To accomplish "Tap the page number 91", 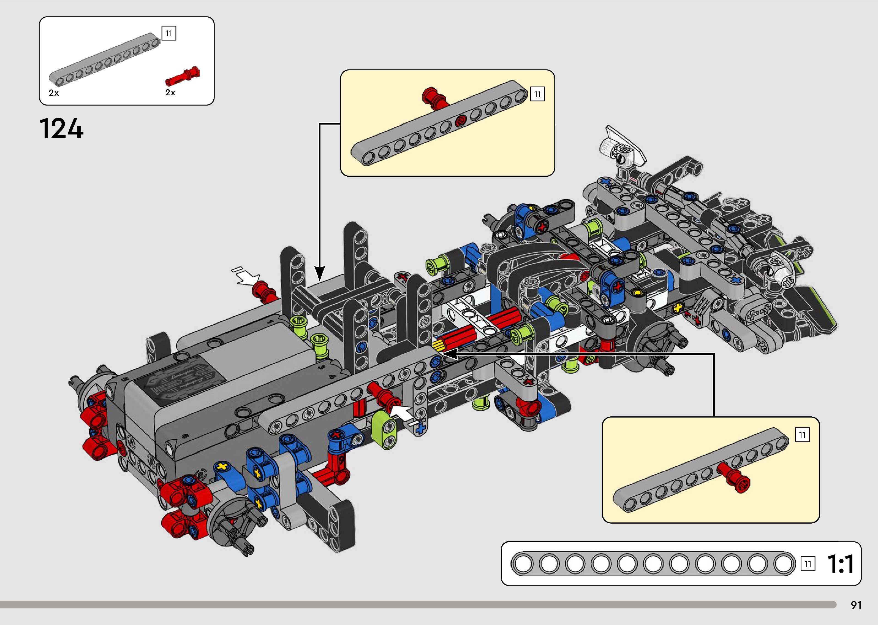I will [x=856, y=605].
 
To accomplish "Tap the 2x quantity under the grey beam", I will [x=54, y=93].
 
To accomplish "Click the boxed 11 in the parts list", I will [x=169, y=34].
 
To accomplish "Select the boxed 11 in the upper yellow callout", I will [x=537, y=94].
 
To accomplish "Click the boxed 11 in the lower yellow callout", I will [x=802, y=435].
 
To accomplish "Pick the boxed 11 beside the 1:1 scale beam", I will [x=808, y=564].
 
